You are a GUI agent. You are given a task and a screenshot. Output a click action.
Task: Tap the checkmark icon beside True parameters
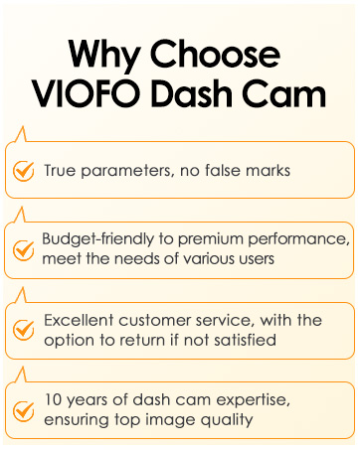point(23,170)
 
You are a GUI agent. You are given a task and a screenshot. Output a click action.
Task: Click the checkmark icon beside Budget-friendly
point(23,248)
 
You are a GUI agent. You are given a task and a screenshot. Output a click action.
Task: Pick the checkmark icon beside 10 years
point(23,409)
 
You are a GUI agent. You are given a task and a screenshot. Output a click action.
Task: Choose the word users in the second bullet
point(258,258)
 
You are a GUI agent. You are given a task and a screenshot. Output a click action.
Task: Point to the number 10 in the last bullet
point(52,401)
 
